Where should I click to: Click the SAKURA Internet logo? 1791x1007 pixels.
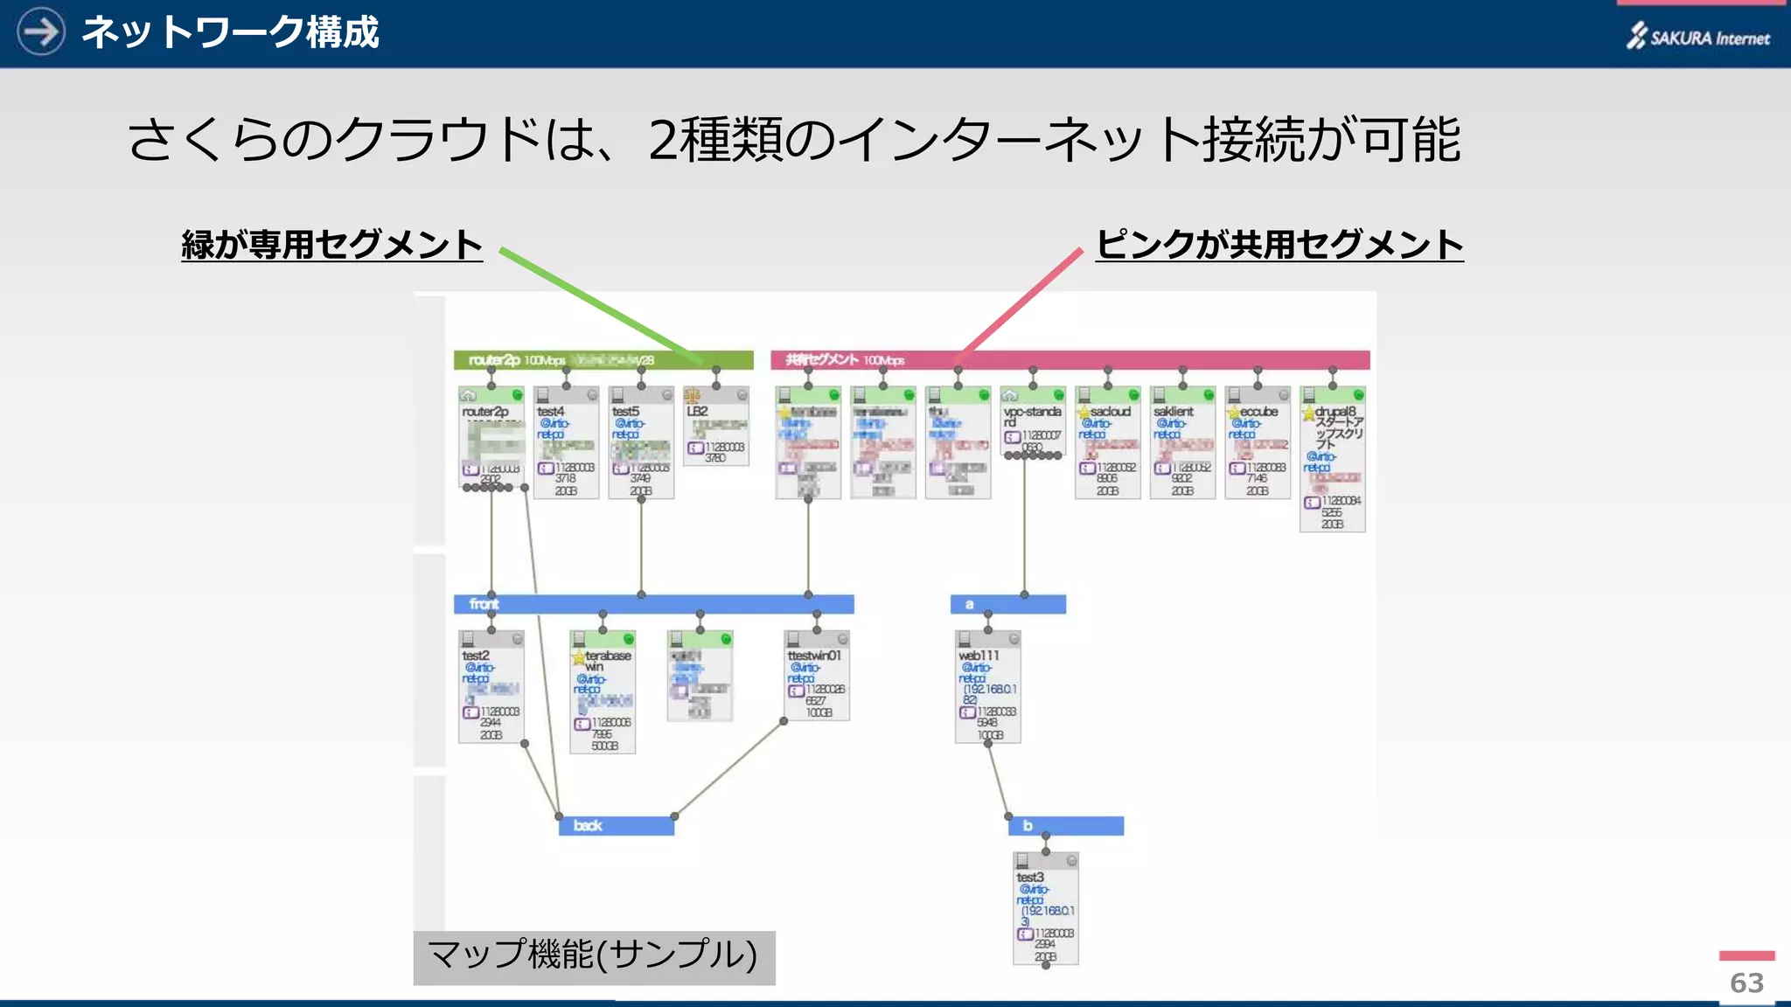pos(1697,36)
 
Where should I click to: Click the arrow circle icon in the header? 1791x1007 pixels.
pos(40,31)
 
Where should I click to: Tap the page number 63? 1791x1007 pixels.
pos(1746,983)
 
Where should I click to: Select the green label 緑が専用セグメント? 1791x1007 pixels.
pos(331,245)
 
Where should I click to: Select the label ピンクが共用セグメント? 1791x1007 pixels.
pos(1279,245)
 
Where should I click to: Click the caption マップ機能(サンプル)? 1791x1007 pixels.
pos(594,955)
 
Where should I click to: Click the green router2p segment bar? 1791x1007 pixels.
pos(603,360)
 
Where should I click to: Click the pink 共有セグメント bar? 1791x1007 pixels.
pos(1070,360)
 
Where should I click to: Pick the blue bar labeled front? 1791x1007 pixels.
pos(653,604)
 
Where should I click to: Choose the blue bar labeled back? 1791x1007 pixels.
pos(616,825)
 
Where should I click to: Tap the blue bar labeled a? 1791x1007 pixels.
pos(1007,604)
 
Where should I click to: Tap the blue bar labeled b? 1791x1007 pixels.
pos(1065,825)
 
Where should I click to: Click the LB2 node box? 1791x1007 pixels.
pos(715,428)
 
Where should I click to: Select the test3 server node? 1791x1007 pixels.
pos(1045,909)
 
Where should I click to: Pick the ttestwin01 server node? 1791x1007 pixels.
pos(817,677)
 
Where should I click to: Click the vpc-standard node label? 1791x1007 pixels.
pos(1032,416)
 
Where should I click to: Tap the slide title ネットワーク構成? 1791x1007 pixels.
pos(230,32)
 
